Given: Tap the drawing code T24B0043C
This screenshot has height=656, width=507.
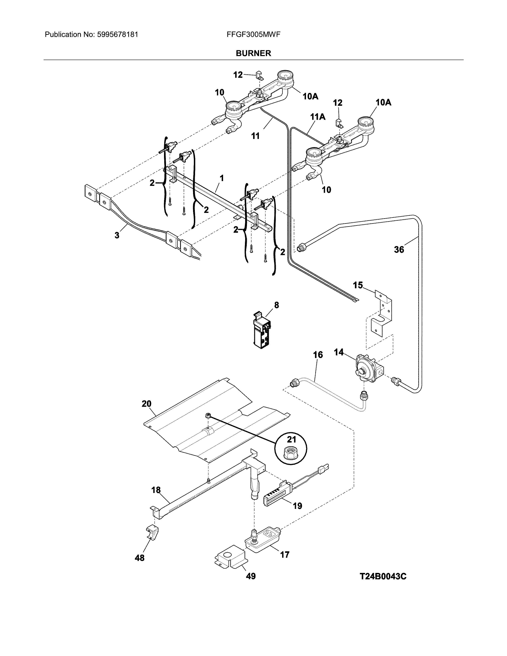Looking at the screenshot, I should [x=383, y=576].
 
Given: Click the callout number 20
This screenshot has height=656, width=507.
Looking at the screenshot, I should [x=146, y=404].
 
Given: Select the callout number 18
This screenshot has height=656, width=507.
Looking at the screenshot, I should [x=156, y=490].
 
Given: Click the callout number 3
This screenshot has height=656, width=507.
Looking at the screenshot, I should [x=117, y=235].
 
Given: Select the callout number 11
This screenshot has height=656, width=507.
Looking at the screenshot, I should [x=255, y=136].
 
